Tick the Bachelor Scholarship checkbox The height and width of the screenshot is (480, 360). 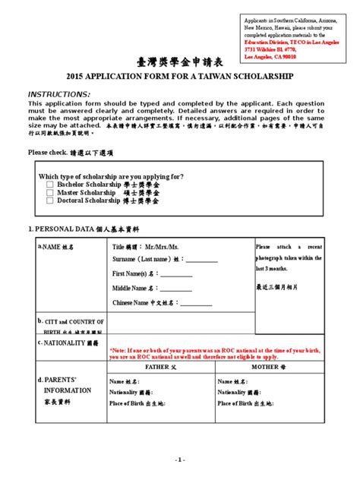coord(50,185)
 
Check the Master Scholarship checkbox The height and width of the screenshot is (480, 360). coord(50,193)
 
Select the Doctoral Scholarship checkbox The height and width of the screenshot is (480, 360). coord(50,201)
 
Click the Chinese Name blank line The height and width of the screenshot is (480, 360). coord(200,303)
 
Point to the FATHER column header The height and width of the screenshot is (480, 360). coord(159,366)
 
